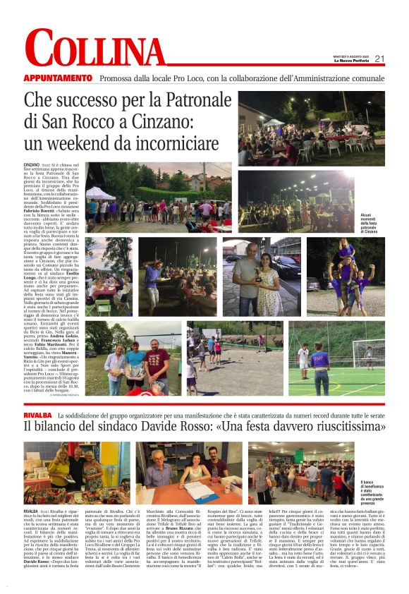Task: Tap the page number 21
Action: [x=379, y=59]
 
